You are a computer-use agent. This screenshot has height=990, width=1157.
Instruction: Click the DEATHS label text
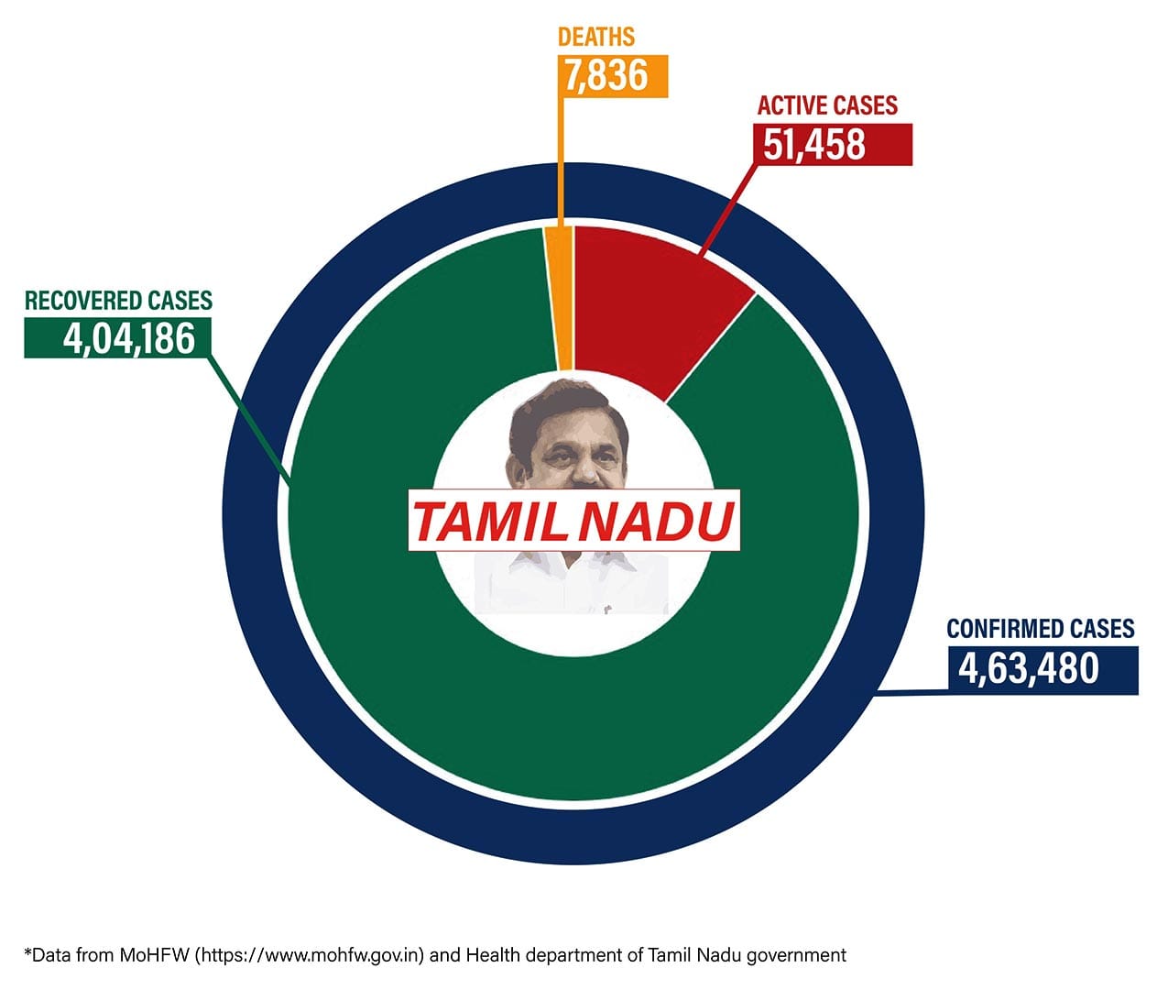pyautogui.click(x=595, y=37)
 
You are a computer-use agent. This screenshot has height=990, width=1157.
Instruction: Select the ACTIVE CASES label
pyautogui.click(x=827, y=105)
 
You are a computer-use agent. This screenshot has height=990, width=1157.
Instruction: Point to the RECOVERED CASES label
pyautogui.click(x=118, y=301)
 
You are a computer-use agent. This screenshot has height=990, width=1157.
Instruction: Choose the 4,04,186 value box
pyautogui.click(x=117, y=338)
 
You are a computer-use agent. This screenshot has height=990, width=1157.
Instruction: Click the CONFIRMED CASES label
pyautogui.click(x=1040, y=629)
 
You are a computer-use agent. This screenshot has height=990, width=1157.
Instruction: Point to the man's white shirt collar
pyautogui.click(x=573, y=563)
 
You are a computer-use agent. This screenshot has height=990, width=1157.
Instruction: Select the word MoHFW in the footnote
pyautogui.click(x=155, y=955)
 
